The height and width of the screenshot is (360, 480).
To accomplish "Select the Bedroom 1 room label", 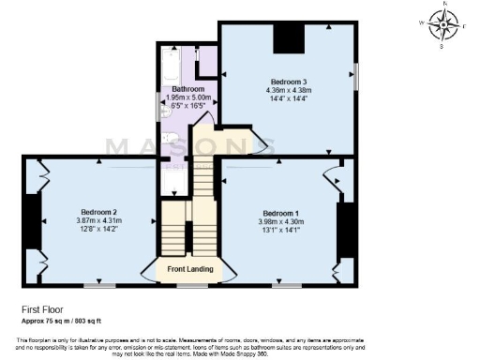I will point(281,212).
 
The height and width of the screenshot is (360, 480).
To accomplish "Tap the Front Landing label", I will point(190,271).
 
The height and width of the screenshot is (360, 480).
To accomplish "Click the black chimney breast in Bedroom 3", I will point(287,40).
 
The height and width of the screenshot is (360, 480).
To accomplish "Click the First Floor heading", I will point(44,308).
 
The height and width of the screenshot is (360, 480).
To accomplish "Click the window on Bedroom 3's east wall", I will point(355,75).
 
